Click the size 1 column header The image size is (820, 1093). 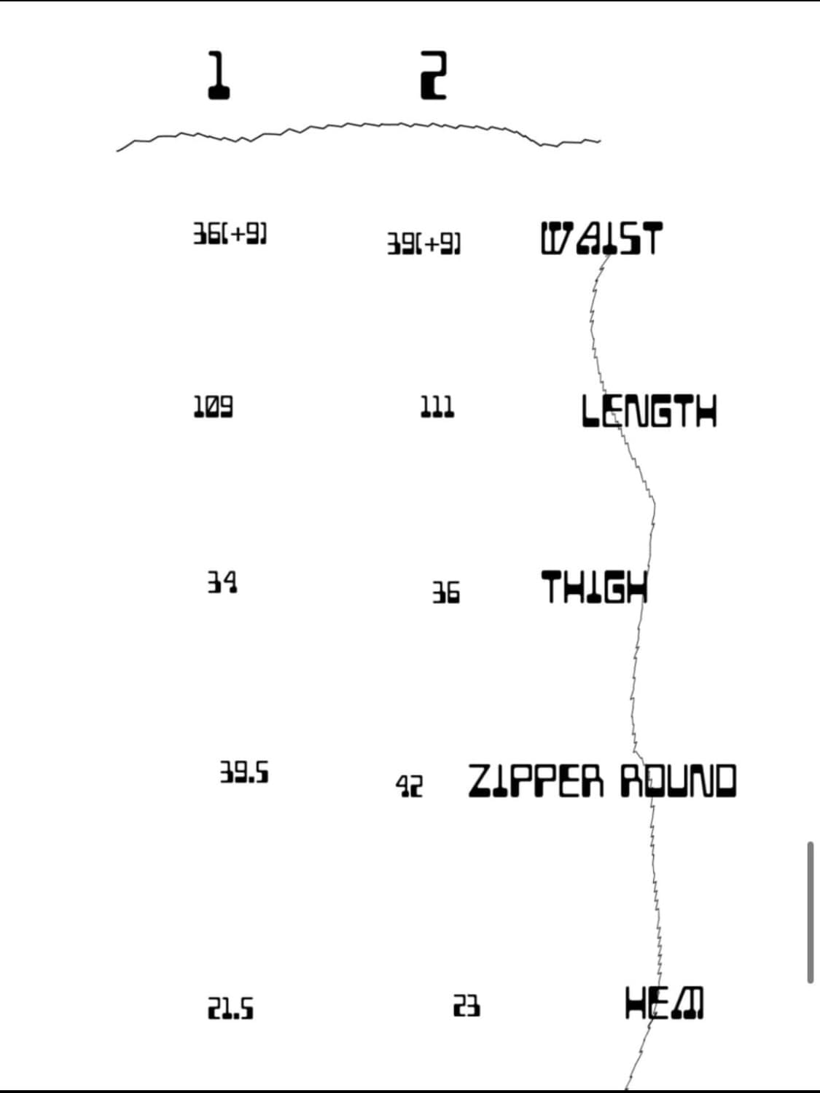[x=217, y=75]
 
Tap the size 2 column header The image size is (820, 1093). [x=433, y=75]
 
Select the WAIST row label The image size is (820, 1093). [x=601, y=238]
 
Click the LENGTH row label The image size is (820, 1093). [x=649, y=411]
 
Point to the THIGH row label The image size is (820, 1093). [x=594, y=587]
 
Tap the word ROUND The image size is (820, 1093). [x=678, y=781]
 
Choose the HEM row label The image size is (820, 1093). [x=664, y=1003]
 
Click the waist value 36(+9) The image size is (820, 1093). [x=230, y=234]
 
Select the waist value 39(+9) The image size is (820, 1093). [x=423, y=243]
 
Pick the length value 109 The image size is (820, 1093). [x=213, y=407]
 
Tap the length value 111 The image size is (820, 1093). [x=437, y=407]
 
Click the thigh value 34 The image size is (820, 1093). [x=222, y=582]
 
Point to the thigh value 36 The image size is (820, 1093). [x=445, y=592]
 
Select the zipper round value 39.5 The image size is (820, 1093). [x=244, y=772]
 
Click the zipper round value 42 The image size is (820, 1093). [x=409, y=786]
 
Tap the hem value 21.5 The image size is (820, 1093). [x=231, y=1008]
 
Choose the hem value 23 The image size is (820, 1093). [x=466, y=1006]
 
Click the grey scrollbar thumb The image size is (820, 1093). [x=810, y=912]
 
